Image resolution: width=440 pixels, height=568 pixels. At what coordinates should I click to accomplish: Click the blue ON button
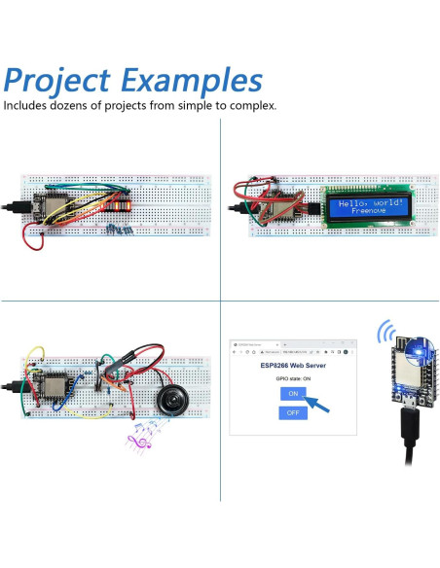coord(291,394)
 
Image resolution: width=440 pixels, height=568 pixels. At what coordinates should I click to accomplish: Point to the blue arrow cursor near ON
coord(316,400)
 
